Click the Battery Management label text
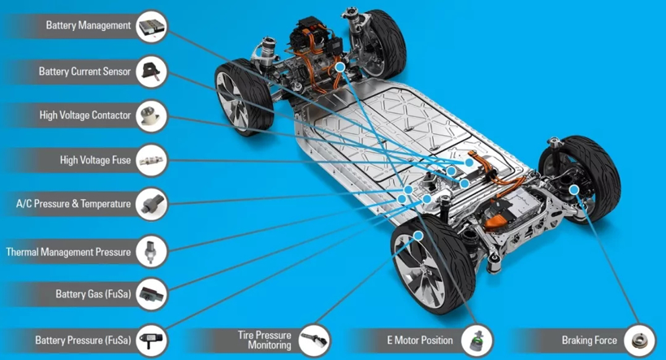click(x=89, y=25)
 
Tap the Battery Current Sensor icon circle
click(x=152, y=72)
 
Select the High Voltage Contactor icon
click(x=152, y=116)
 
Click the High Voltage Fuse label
click(x=95, y=160)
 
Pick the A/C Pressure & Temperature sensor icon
click(x=152, y=204)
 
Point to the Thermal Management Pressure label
click(x=68, y=252)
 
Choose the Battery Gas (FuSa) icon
click(x=152, y=293)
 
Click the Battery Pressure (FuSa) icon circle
click(x=152, y=340)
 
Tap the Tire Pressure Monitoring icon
click(x=314, y=340)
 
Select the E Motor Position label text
click(x=420, y=340)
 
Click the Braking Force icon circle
click(x=639, y=340)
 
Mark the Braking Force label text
click(x=589, y=340)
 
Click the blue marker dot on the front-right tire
click(x=418, y=236)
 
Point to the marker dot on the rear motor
click(x=339, y=67)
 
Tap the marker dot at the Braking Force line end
click(x=574, y=189)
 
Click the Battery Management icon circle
click(x=152, y=26)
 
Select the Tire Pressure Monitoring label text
click(x=264, y=340)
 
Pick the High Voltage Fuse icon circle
click(x=152, y=160)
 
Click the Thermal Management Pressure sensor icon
click(x=152, y=252)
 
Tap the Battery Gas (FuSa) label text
click(x=93, y=293)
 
